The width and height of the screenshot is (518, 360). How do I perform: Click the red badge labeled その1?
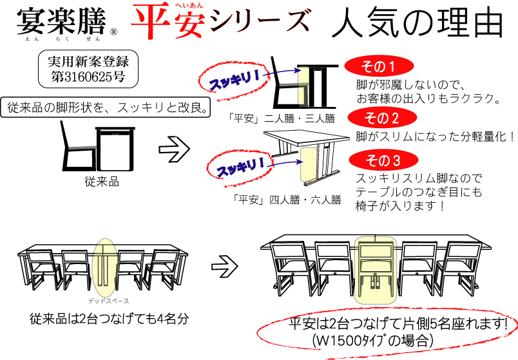(x=379, y=66)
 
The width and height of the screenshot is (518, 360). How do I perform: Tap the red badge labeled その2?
(x=382, y=118)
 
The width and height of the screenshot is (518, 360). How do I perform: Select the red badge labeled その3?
(x=383, y=160)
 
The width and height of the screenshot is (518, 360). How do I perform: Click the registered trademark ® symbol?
(x=113, y=32)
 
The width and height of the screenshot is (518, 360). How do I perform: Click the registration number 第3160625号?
(x=88, y=77)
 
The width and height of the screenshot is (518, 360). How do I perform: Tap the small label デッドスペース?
(x=109, y=301)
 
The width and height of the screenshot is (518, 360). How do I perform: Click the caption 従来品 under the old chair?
(x=102, y=182)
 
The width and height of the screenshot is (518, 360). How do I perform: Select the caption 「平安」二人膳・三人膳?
(x=281, y=118)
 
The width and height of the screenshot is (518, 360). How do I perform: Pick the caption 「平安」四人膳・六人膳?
(x=287, y=200)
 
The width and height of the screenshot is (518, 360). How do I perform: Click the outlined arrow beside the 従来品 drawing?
(x=175, y=149)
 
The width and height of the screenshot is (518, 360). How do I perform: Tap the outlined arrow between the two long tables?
(x=225, y=266)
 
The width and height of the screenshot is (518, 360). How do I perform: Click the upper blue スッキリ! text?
(x=235, y=80)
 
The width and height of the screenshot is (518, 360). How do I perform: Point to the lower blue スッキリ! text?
(x=241, y=167)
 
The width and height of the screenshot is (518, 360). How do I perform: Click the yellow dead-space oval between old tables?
(x=104, y=267)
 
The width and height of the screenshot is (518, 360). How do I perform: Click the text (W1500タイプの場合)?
(x=372, y=340)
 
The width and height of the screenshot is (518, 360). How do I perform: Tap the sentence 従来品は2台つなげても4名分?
(x=110, y=319)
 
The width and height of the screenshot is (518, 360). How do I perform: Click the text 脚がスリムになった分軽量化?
(x=435, y=137)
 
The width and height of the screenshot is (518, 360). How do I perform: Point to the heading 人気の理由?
(x=417, y=22)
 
